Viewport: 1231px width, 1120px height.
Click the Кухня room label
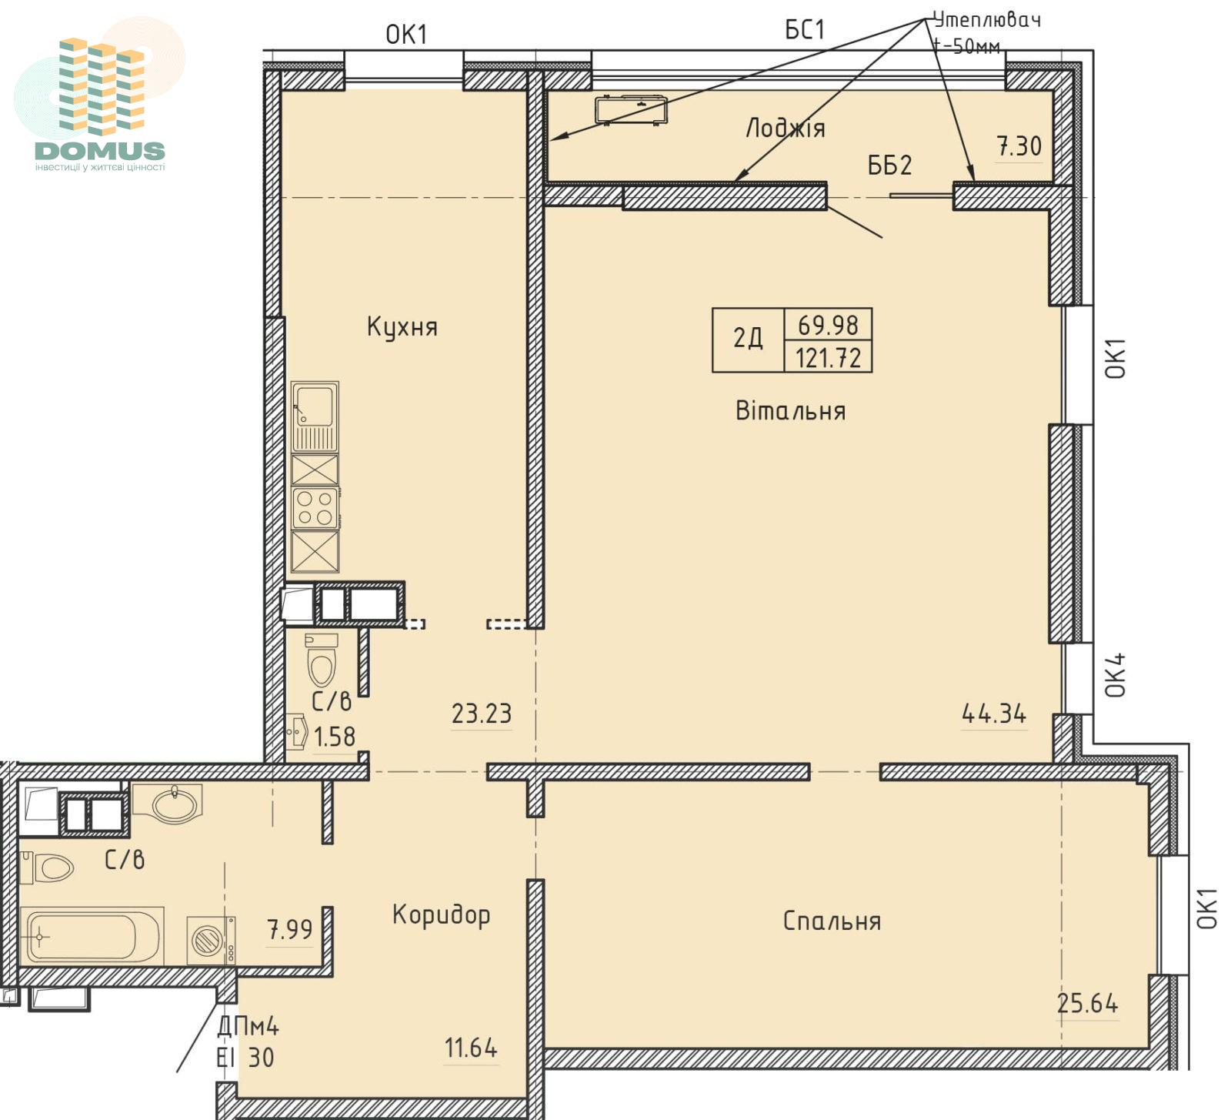[x=402, y=327]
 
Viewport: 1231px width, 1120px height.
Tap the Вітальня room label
[x=790, y=410]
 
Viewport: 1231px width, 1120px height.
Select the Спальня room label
[x=832, y=921]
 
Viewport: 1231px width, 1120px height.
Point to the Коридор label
[x=441, y=915]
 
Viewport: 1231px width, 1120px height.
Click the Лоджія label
[x=786, y=128]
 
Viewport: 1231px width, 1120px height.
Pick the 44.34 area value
[x=994, y=714]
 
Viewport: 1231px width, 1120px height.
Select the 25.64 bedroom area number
[x=1087, y=1003]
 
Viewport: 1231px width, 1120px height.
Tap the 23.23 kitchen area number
[x=482, y=714]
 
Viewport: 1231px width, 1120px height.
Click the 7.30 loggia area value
[x=1019, y=145]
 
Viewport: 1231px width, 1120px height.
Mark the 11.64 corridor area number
[x=471, y=1048]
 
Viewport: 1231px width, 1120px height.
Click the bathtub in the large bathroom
[x=92, y=936]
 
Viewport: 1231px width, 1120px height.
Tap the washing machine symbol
[x=211, y=941]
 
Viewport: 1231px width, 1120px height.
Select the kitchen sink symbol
[x=315, y=416]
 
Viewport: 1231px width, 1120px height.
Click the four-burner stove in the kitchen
[x=315, y=508]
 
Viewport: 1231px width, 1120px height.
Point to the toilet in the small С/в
[x=322, y=660]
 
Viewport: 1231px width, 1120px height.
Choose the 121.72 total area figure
[x=828, y=357]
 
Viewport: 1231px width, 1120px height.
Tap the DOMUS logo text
[x=100, y=150]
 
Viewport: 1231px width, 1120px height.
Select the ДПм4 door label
[x=248, y=1026]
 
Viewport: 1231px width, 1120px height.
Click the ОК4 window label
[x=1116, y=674]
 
